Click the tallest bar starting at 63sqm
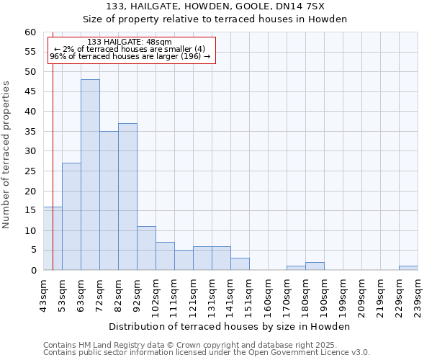pyautogui.click(x=90, y=175)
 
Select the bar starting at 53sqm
pyautogui.click(x=71, y=217)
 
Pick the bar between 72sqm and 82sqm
pyautogui.click(x=109, y=201)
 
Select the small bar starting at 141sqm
pyautogui.click(x=240, y=264)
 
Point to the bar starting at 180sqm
pyautogui.click(x=315, y=266)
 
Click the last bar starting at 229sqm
pyautogui.click(x=408, y=268)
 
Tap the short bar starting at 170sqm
pyautogui.click(x=296, y=268)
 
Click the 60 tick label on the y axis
pyautogui.click(x=30, y=32)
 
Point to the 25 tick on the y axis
pyautogui.click(x=30, y=171)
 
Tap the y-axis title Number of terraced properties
pyautogui.click(x=6, y=154)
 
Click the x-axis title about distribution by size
pyautogui.click(x=230, y=326)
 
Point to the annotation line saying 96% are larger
pyautogui.click(x=130, y=56)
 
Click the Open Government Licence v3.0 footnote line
pyautogui.click(x=206, y=352)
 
